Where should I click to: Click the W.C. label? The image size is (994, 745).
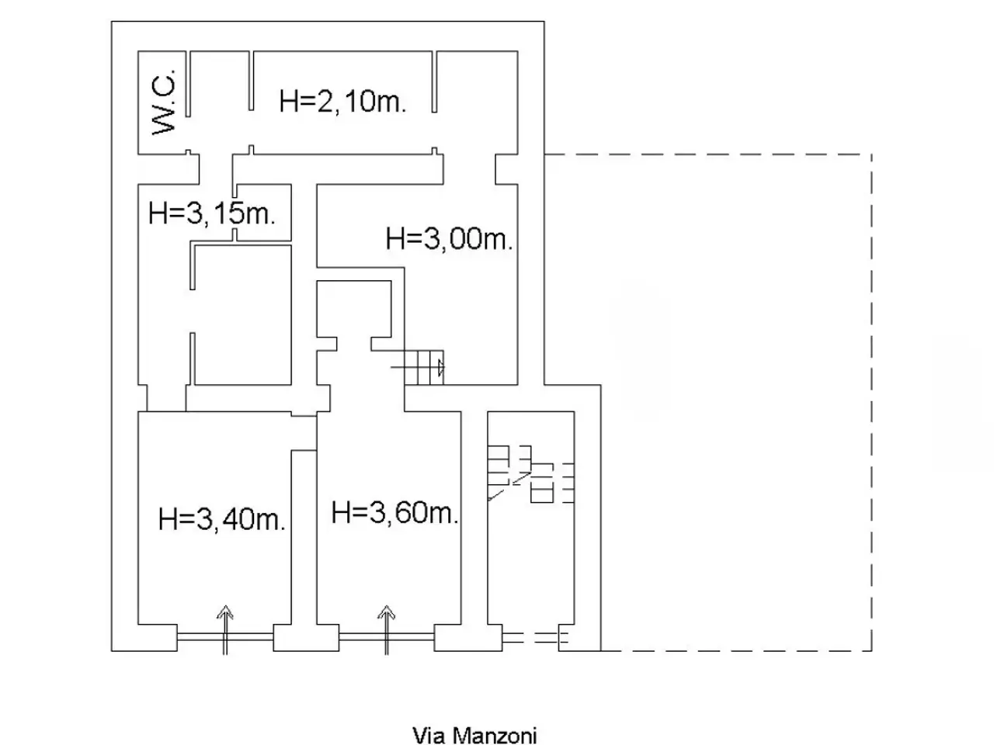(164, 102)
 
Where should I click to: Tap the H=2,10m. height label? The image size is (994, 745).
(342, 102)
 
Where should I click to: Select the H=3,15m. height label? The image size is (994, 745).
(212, 213)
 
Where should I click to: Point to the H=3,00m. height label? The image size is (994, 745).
(449, 238)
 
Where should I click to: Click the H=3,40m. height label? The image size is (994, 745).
(222, 519)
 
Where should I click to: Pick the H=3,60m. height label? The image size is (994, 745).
(395, 513)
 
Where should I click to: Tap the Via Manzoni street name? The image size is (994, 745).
(474, 736)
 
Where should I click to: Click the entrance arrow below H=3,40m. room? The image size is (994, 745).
(225, 630)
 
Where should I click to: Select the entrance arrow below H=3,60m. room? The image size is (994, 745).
(386, 630)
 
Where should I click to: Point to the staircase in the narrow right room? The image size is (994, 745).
(530, 473)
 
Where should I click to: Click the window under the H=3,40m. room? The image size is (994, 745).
(225, 637)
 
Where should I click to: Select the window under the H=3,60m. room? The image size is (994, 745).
(386, 637)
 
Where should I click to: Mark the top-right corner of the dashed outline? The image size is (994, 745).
(872, 154)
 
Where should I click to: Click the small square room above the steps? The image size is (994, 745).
(353, 309)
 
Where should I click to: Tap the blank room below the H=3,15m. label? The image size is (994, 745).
(243, 315)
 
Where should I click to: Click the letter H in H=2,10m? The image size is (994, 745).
(288, 102)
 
